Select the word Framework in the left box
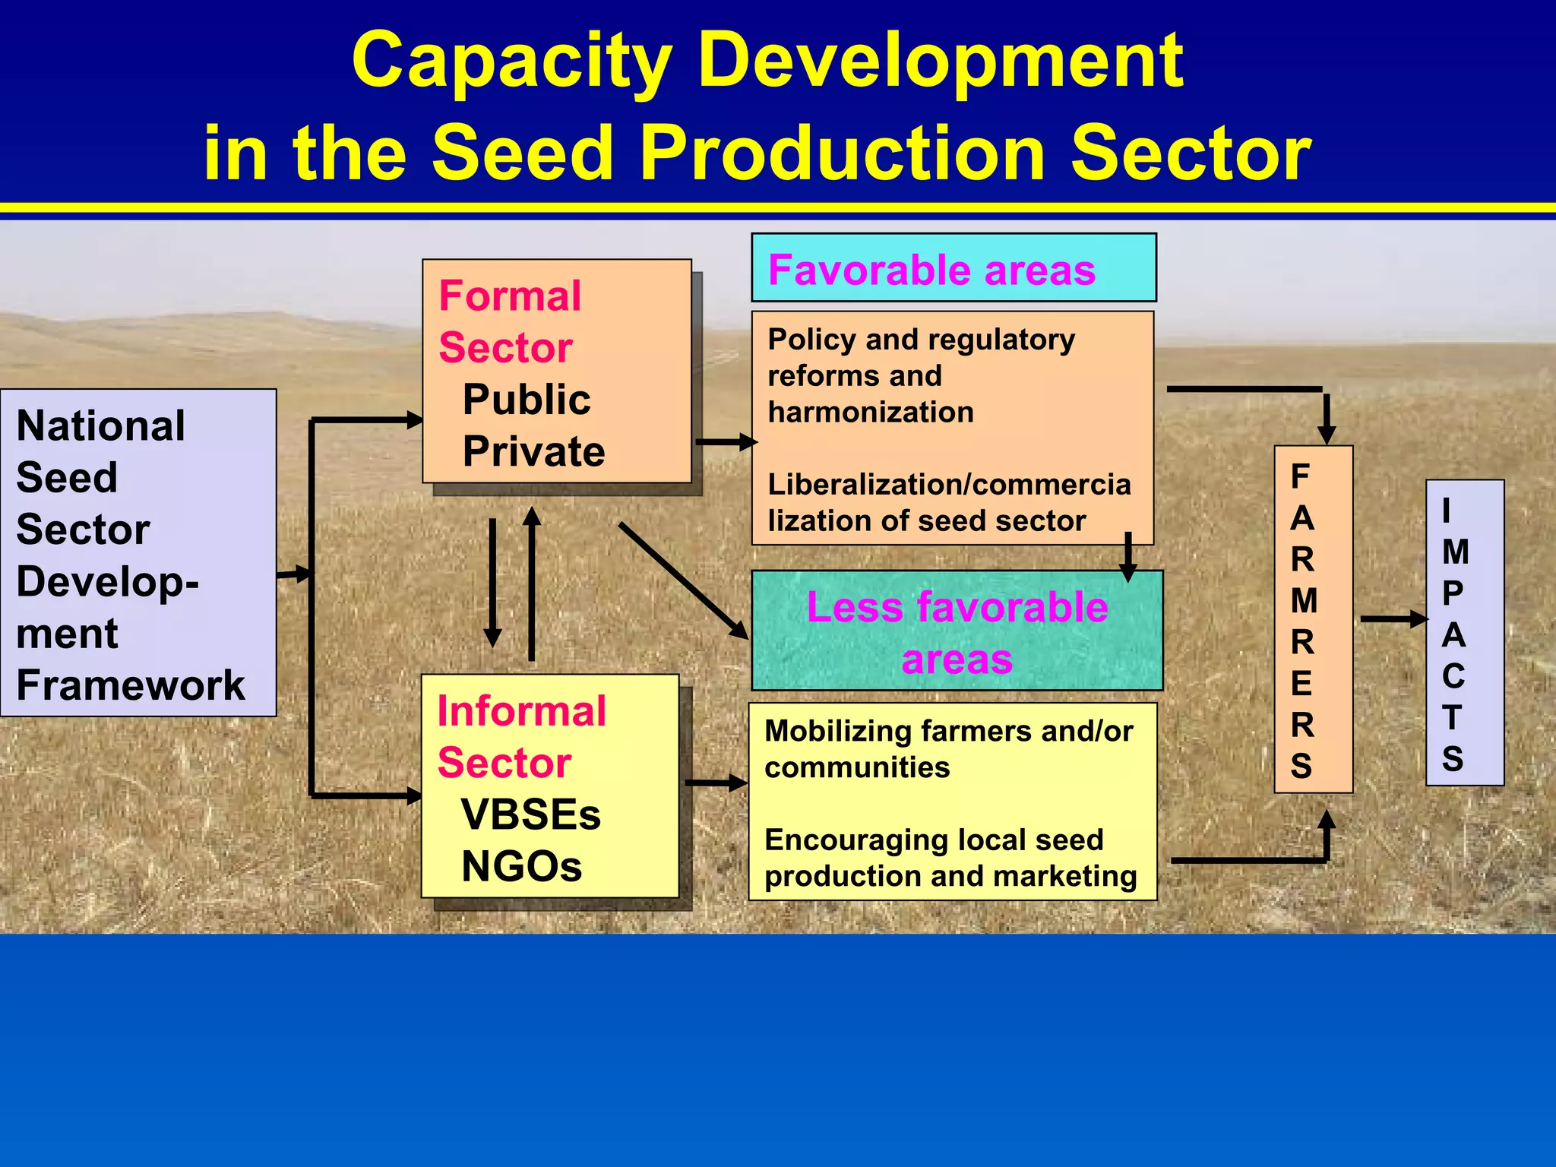[x=131, y=685]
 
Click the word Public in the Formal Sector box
[x=526, y=400]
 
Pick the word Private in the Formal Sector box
[x=533, y=451]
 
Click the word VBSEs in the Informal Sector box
[x=530, y=814]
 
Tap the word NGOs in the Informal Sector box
[x=521, y=866]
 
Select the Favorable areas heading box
[x=953, y=269]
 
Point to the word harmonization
[x=871, y=413]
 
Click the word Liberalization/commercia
[x=949, y=485]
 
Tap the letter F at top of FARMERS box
[x=1300, y=477]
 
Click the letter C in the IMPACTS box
[x=1453, y=676]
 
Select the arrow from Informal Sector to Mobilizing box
[x=715, y=783]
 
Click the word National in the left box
[x=100, y=425]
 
